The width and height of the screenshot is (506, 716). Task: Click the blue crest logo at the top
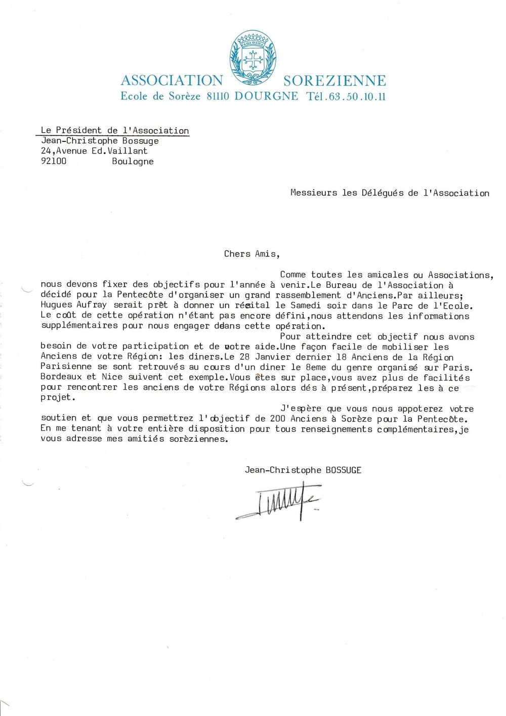253,57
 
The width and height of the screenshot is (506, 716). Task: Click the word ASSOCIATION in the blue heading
172,81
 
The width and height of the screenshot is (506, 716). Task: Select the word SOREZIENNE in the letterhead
334,81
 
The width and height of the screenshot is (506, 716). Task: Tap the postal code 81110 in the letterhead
218,96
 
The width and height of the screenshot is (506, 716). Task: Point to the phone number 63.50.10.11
357,96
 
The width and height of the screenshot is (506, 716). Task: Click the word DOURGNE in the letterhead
266,96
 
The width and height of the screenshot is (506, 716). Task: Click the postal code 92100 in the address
54,161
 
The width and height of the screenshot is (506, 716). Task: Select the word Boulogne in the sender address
133,161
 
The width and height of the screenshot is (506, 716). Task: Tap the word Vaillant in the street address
128,150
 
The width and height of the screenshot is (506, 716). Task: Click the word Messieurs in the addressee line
313,193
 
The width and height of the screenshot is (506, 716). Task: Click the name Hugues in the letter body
56,306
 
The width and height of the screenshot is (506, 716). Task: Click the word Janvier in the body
273,357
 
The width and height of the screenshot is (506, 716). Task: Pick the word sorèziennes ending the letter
198,439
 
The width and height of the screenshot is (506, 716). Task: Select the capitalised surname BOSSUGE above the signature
344,470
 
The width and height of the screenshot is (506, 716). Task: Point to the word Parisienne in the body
66,366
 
